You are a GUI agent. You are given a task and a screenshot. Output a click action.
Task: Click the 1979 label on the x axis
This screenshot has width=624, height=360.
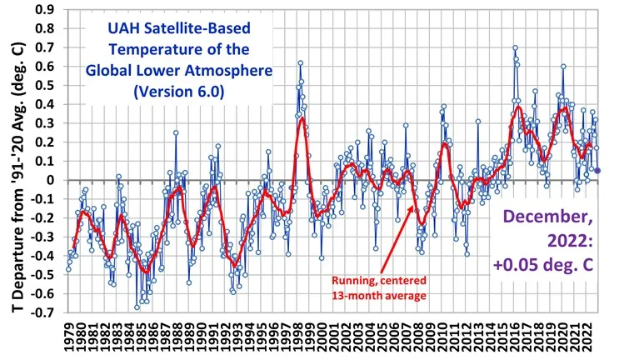pyautogui.click(x=68, y=339)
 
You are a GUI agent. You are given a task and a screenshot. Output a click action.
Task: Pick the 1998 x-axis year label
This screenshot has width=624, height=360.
pyautogui.click(x=297, y=339)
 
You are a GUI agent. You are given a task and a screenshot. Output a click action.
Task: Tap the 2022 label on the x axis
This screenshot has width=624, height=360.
pyautogui.click(x=586, y=339)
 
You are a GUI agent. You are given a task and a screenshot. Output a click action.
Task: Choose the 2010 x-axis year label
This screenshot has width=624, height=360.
pyautogui.click(x=442, y=339)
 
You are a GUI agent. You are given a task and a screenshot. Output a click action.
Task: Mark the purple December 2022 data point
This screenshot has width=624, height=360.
pyautogui.click(x=597, y=171)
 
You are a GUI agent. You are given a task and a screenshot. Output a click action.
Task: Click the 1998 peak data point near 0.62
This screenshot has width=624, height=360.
pyautogui.click(x=300, y=62)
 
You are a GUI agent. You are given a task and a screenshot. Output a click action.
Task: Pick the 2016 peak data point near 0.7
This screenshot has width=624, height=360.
pyautogui.click(x=515, y=47)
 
